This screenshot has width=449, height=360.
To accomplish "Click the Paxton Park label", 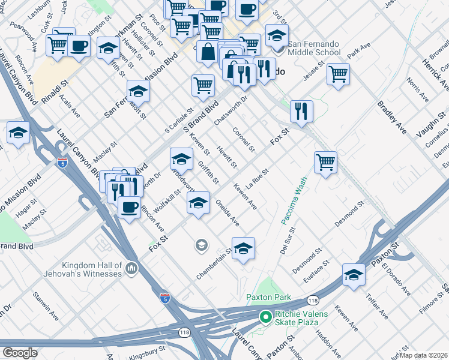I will [268, 297].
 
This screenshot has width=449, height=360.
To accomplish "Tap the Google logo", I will [20, 353].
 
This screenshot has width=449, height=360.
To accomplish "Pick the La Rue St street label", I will [256, 178].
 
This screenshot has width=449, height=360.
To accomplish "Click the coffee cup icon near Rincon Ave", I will [128, 208].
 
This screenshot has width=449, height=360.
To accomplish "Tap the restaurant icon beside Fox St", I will [301, 110].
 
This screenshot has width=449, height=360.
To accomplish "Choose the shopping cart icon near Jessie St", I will [339, 74].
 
